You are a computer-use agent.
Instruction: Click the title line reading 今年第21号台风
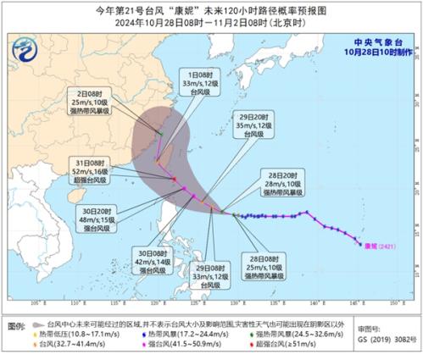211,9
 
